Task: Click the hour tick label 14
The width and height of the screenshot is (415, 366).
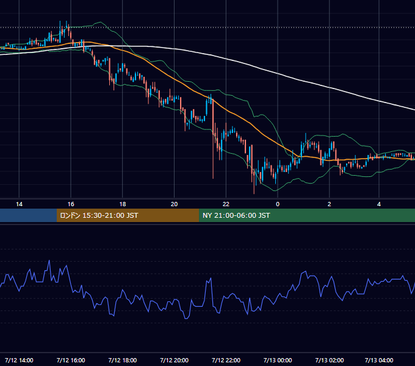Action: pos(19,204)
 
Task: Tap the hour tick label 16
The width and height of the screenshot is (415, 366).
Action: pos(71,204)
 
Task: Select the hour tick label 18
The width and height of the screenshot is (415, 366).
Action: pos(123,204)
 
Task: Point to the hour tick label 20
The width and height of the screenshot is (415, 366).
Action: pos(174,204)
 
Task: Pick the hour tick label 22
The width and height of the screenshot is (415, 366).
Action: pos(226,204)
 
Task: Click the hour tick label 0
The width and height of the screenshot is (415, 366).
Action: pos(278,204)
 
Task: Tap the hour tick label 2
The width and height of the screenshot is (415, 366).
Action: pos(329,204)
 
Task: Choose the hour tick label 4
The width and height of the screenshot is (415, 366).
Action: pos(379,204)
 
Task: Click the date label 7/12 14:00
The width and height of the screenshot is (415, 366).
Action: pos(19,360)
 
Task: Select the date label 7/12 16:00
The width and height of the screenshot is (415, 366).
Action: pos(71,360)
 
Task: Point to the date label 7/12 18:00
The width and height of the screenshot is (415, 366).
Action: pos(123,360)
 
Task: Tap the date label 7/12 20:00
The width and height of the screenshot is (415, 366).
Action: pos(174,360)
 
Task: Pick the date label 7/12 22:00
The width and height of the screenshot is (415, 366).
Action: pos(226,360)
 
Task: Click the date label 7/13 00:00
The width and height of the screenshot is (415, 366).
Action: pos(278,360)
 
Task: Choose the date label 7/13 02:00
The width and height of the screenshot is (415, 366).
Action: pos(329,360)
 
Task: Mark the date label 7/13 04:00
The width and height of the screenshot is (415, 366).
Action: pos(379,360)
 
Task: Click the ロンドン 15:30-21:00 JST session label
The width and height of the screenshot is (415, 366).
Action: pos(99,215)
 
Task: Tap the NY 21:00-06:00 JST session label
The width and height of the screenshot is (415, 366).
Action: pos(236,215)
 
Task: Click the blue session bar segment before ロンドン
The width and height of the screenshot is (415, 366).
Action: pos(28,215)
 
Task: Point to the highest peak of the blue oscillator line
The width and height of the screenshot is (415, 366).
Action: pos(49,260)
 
